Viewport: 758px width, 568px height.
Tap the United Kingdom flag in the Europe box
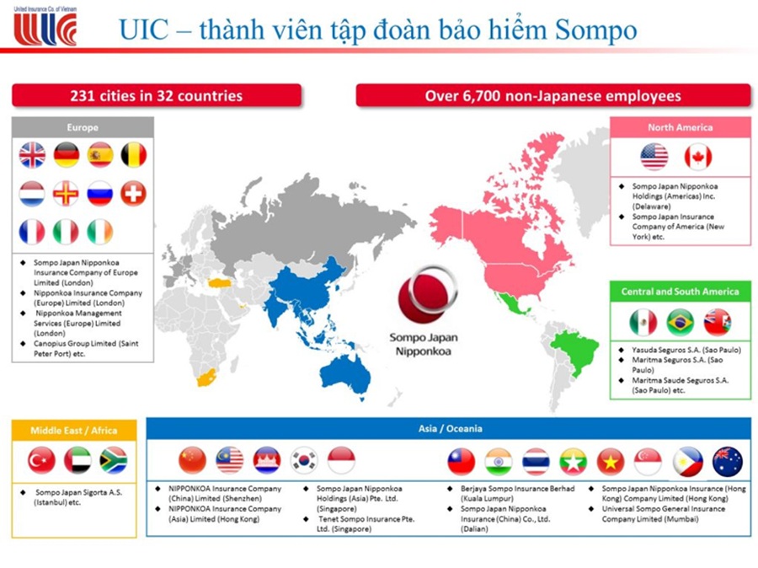(32, 155)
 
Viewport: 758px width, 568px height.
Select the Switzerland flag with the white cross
(133, 193)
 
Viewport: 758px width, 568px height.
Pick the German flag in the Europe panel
(67, 155)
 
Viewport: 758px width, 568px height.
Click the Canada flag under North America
(697, 157)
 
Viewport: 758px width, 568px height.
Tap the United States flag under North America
(654, 157)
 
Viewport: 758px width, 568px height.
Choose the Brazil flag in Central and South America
(680, 322)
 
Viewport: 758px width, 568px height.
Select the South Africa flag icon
(113, 460)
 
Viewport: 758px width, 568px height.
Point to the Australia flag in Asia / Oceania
(727, 461)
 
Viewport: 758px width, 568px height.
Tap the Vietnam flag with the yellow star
(610, 461)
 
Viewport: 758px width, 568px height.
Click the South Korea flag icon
(304, 460)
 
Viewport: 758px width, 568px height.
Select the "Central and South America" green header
(680, 292)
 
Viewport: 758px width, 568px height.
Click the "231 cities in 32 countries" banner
(156, 96)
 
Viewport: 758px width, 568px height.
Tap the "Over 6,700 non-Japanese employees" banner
(552, 96)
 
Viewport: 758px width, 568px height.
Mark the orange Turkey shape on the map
(226, 281)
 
